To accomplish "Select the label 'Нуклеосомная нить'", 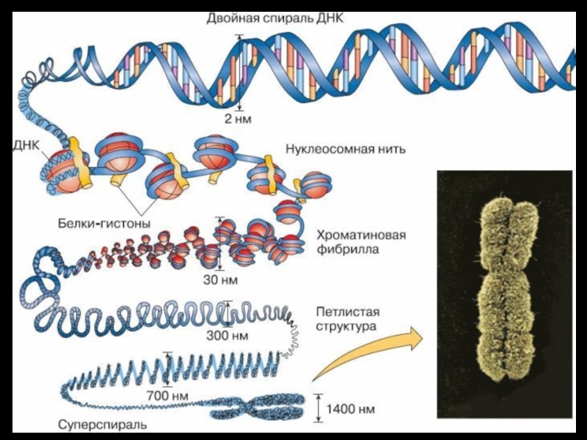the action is (x=346, y=149).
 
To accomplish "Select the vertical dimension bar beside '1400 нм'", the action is (x=318, y=408).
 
